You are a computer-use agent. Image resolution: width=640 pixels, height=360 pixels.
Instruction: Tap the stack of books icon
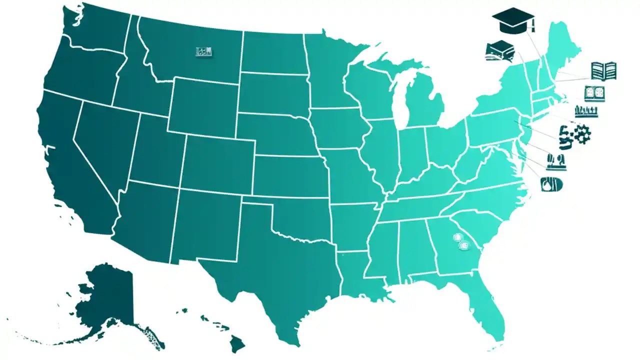500,51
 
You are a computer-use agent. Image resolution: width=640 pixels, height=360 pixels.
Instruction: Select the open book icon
603,71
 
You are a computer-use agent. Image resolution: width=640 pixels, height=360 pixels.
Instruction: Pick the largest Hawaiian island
237,343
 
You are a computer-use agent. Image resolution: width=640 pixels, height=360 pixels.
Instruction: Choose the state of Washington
95,30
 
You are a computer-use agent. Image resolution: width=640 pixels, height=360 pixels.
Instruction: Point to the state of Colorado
217,160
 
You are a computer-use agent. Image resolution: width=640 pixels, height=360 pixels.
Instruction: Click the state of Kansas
290,175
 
